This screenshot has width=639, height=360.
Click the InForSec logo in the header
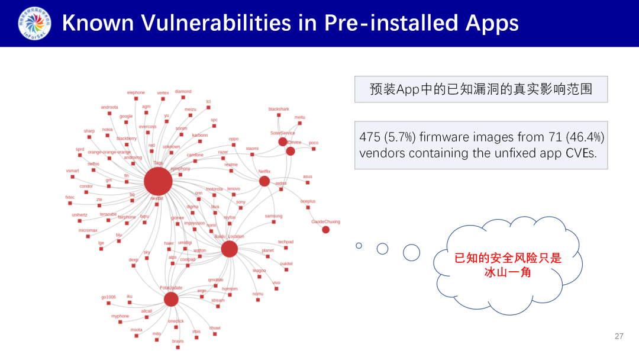click(34, 24)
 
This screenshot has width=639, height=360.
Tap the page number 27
click(619, 336)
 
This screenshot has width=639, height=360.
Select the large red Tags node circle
click(158, 181)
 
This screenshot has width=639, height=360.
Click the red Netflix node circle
click(264, 181)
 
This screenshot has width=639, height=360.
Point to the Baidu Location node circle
click(230, 249)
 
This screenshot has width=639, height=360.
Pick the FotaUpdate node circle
click(171, 299)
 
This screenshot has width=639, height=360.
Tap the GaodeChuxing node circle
click(326, 230)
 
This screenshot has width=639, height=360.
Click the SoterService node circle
click(283, 142)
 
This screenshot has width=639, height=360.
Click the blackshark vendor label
click(279, 109)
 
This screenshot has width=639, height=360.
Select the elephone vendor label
click(135, 92)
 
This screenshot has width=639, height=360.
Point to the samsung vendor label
click(273, 216)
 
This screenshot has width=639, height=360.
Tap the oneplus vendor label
click(308, 201)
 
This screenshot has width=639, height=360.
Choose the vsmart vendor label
click(72, 171)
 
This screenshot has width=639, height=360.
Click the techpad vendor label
click(286, 242)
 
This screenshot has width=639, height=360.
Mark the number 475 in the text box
click(370, 137)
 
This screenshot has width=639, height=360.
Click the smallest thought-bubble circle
click(359, 245)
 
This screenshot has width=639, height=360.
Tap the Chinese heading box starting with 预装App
click(480, 89)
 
